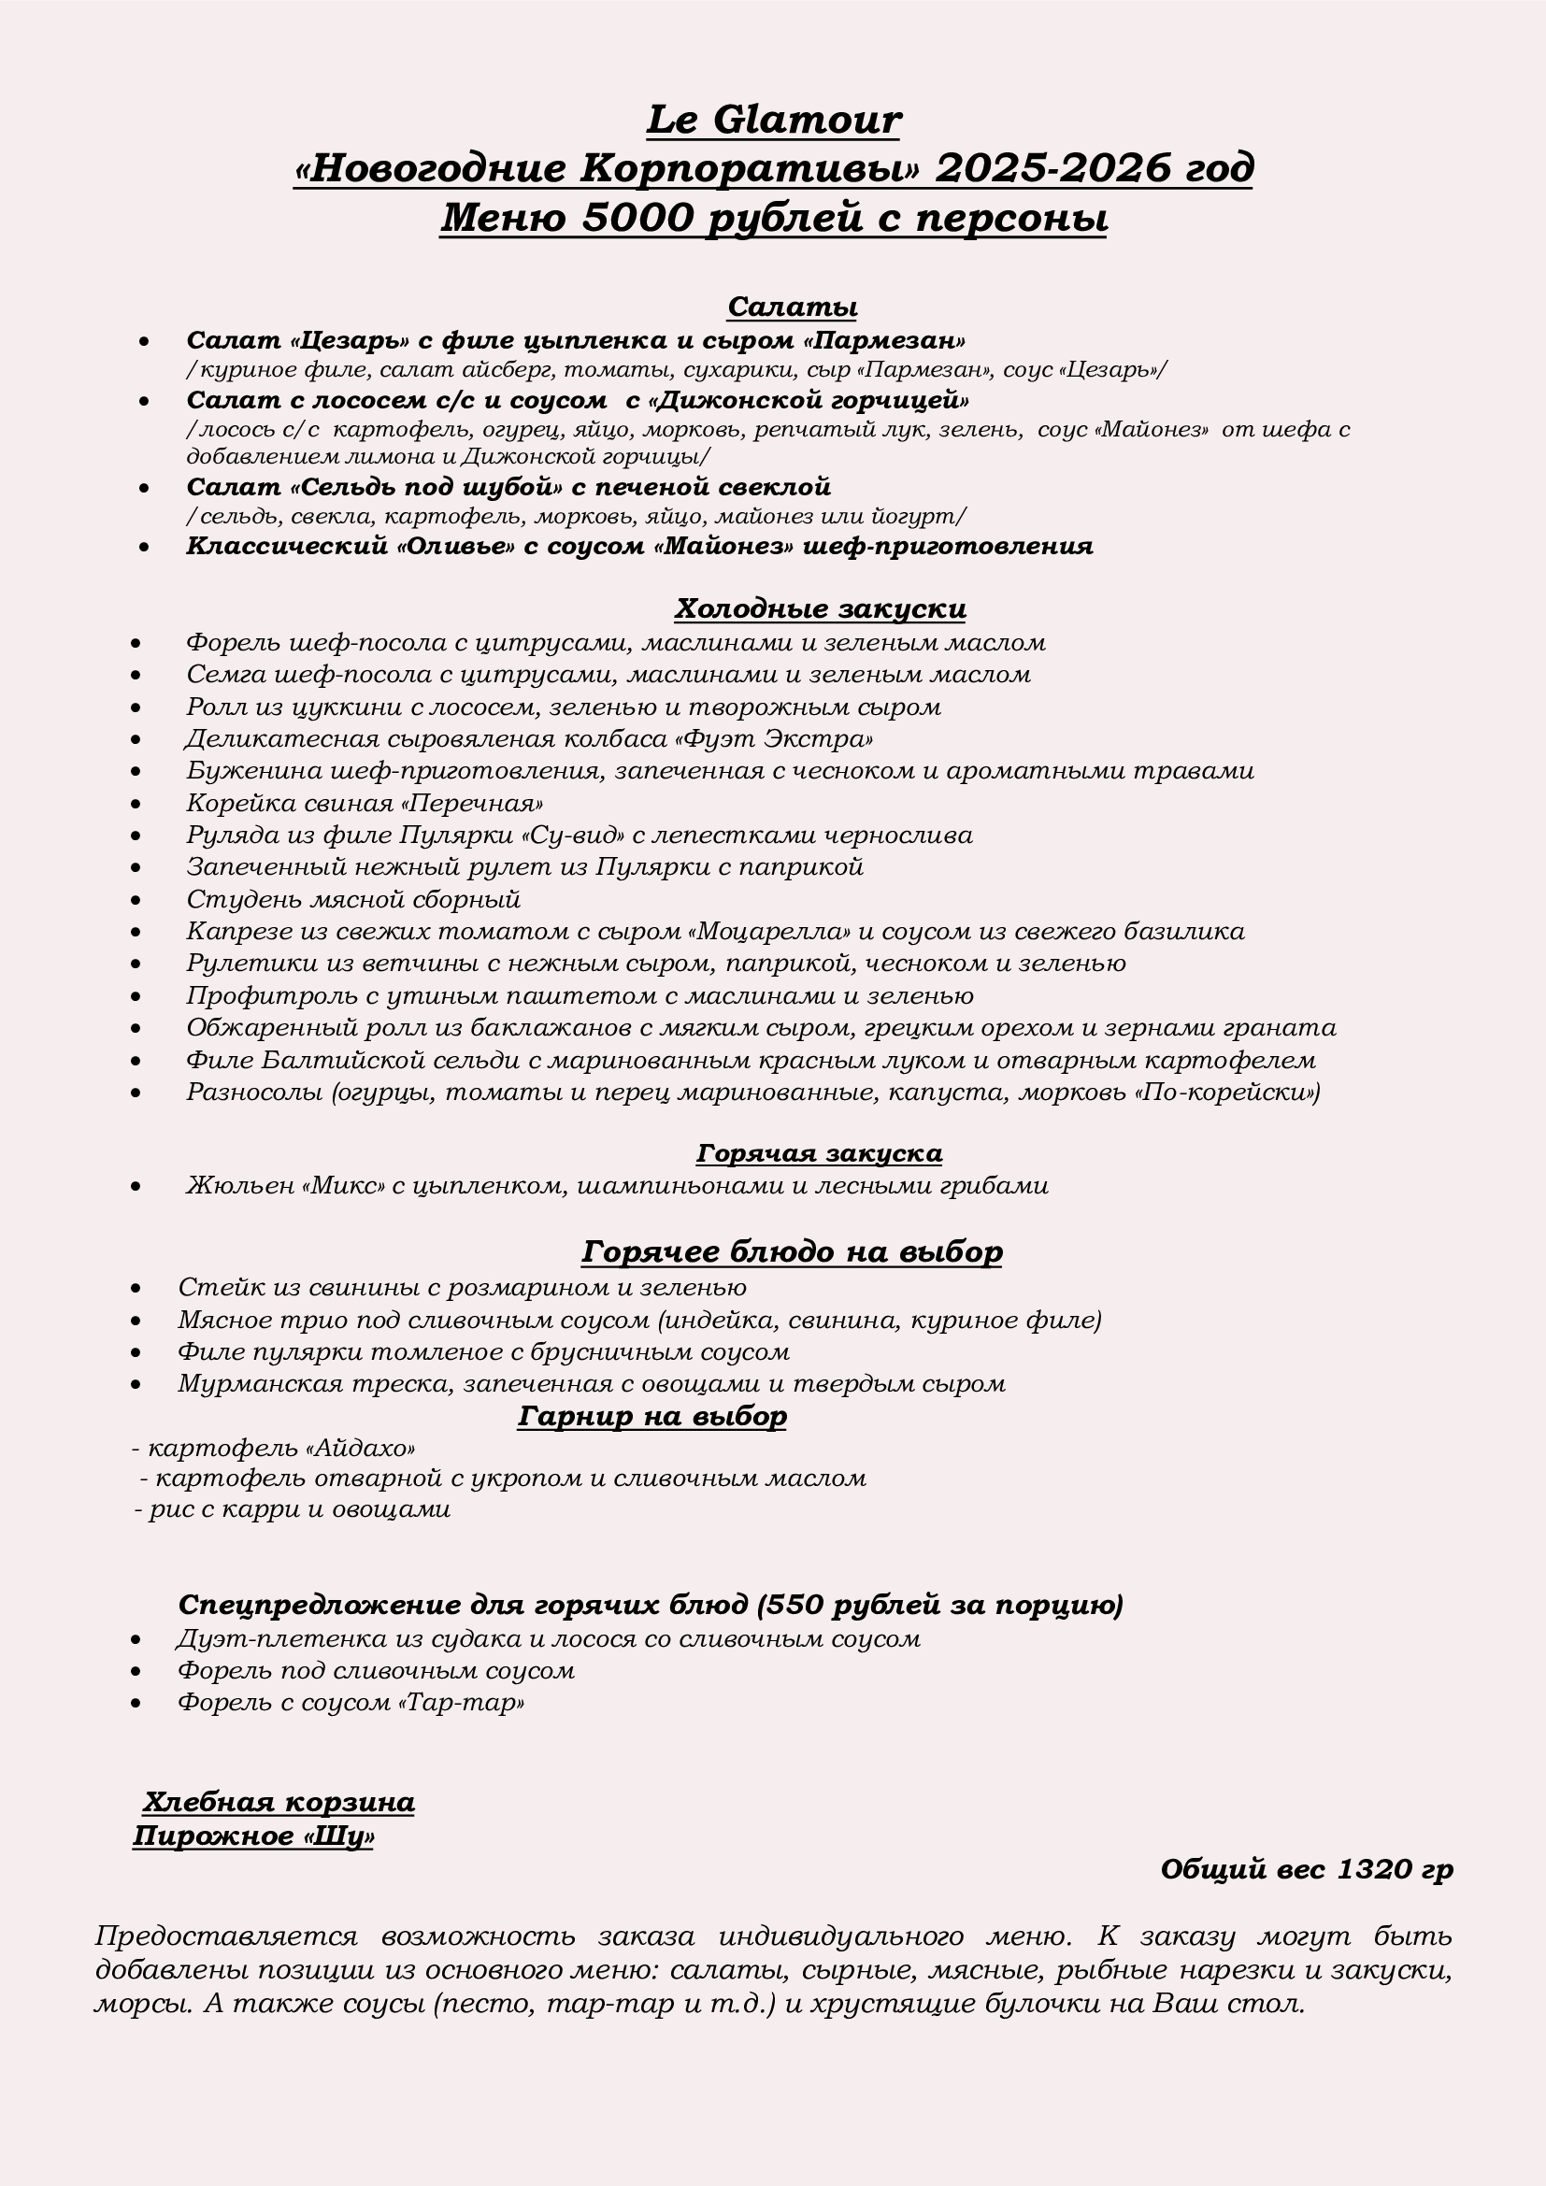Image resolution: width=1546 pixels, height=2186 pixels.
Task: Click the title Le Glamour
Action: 773,121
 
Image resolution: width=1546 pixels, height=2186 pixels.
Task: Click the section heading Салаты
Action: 792,307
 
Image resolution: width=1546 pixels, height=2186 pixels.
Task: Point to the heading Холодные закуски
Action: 820,608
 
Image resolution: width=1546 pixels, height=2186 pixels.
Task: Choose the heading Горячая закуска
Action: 819,1153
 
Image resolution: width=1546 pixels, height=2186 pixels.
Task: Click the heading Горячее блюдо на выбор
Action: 791,1251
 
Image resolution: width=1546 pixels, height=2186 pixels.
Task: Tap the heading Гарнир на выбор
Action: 652,1416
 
